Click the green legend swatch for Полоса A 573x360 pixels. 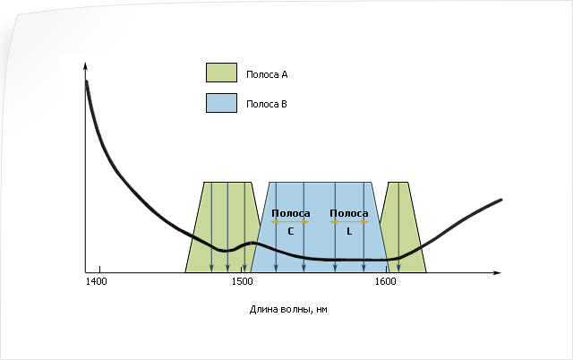(x=221, y=73)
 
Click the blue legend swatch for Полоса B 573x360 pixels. (x=221, y=103)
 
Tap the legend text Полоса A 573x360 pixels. (x=267, y=75)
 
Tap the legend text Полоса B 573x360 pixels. (x=267, y=105)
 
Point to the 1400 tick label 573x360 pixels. (x=97, y=281)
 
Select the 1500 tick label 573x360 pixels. (x=242, y=281)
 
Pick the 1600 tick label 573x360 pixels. (x=386, y=281)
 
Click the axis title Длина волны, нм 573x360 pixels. (x=288, y=310)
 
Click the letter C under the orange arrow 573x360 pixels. (x=291, y=231)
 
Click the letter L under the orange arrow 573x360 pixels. (x=349, y=231)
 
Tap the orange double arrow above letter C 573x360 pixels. (x=290, y=222)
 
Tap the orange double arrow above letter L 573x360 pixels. (x=349, y=222)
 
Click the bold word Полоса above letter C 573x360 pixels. (x=291, y=213)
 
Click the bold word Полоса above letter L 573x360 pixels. (x=349, y=213)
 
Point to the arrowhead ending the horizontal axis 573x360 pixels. (x=499, y=272)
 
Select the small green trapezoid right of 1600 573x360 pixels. (x=403, y=227)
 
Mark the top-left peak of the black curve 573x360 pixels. (x=87, y=81)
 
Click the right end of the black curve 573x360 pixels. (x=501, y=200)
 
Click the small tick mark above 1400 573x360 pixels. (x=99, y=270)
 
